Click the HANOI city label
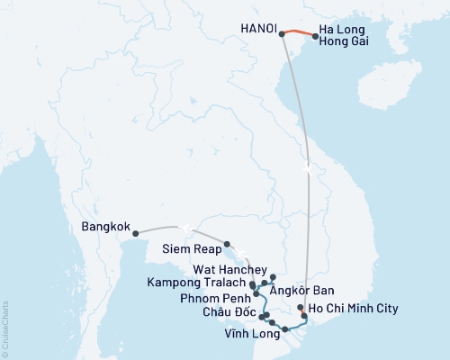(256, 29)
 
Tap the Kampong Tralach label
(199, 283)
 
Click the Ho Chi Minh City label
(352, 310)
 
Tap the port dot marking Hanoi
(282, 34)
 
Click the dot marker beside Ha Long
(315, 37)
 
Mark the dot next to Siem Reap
(227, 243)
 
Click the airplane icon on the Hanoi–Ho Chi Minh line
(308, 168)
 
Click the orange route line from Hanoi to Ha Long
(298, 32)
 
